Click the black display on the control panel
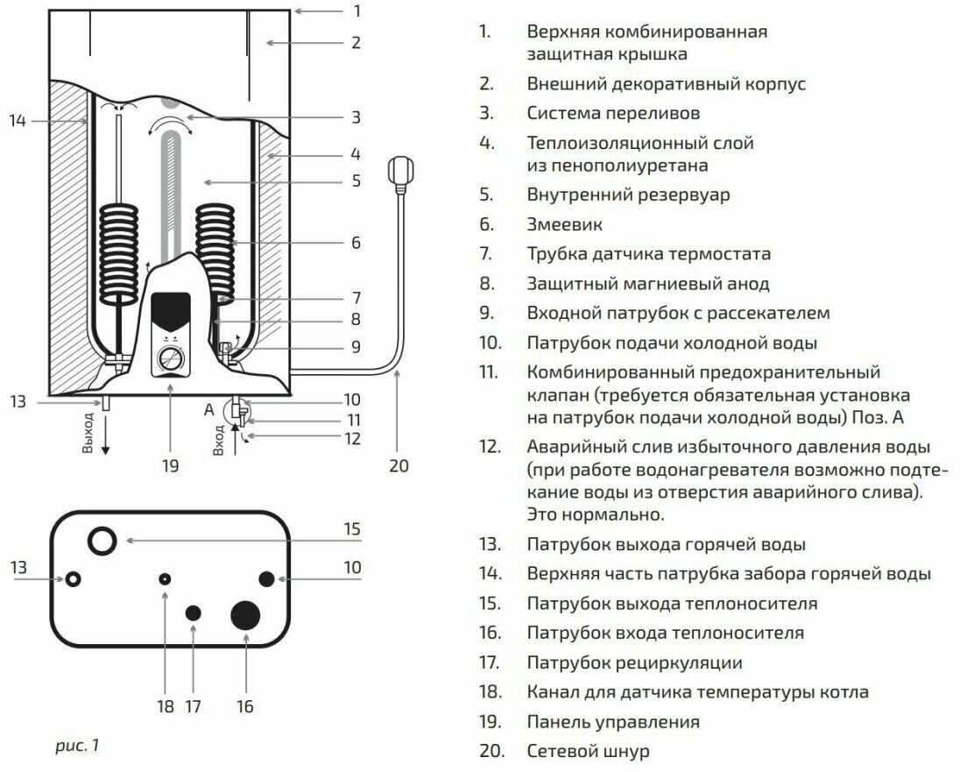(171, 308)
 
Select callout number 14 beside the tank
(18, 120)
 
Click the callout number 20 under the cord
(399, 465)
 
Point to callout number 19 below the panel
(170, 465)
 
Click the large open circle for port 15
(103, 540)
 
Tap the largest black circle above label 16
(246, 614)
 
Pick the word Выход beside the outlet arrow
(87, 432)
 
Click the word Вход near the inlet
(219, 437)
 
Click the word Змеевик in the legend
(564, 224)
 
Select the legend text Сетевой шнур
(588, 751)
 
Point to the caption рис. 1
(78, 746)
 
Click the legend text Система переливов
(613, 113)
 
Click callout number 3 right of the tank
(356, 117)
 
